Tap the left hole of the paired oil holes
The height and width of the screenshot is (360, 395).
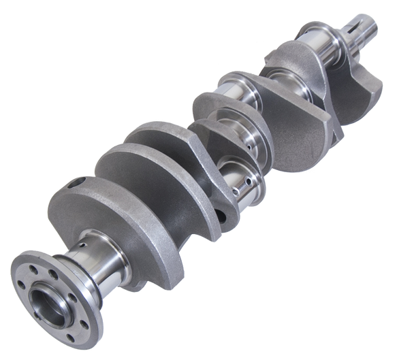click(234, 194)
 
